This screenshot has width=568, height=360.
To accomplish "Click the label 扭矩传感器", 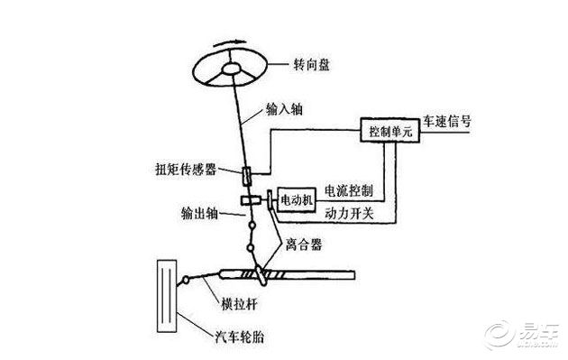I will pyautogui.click(x=206, y=169).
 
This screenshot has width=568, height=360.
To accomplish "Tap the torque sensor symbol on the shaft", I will pyautogui.click(x=246, y=171).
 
